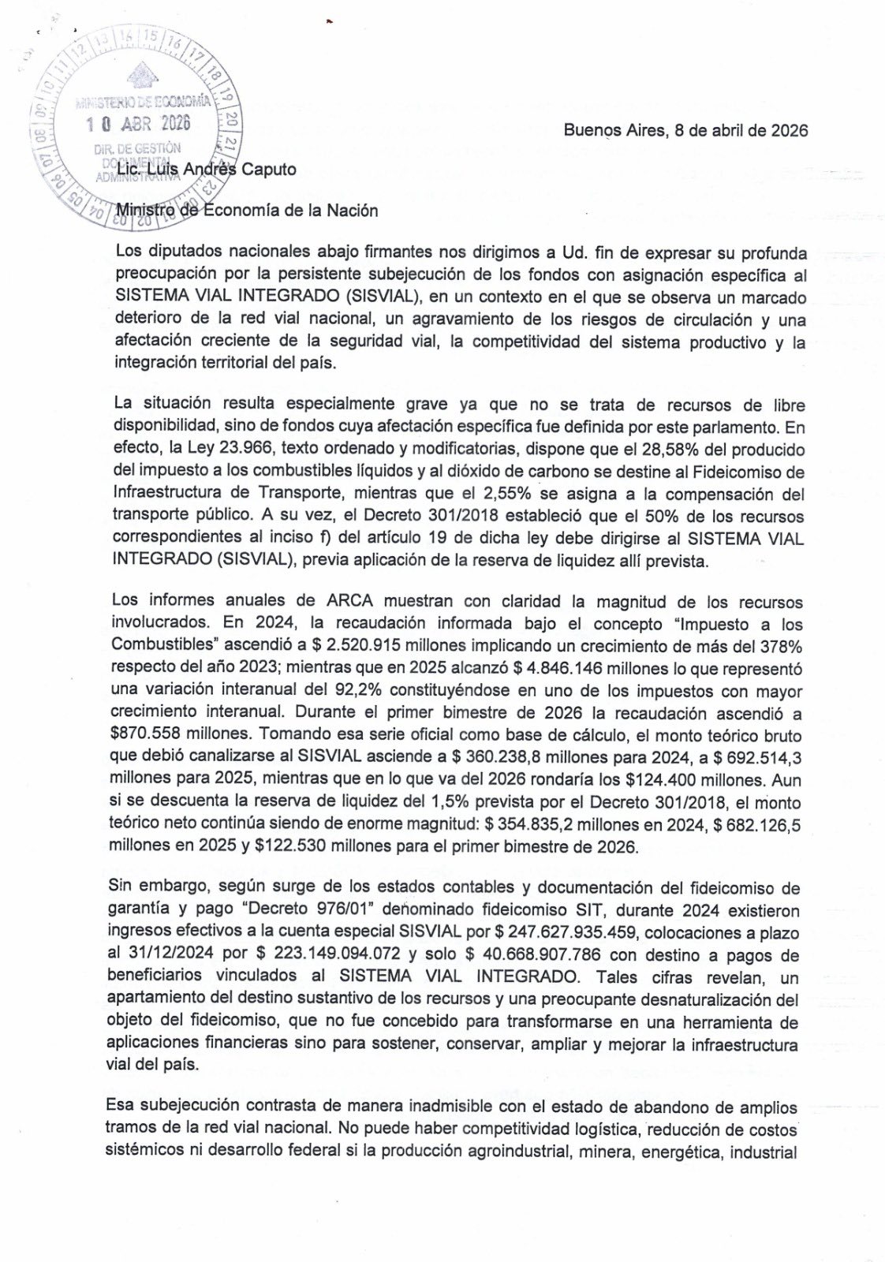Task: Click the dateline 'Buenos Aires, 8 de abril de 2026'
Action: (x=685, y=131)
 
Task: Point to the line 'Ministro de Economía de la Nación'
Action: (x=246, y=211)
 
